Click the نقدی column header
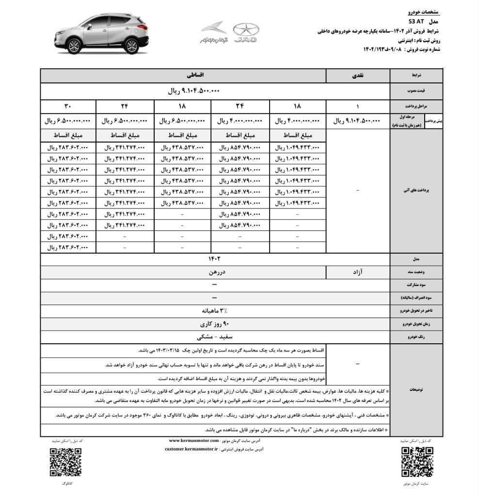pos(358,76)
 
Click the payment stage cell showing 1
pos(358,106)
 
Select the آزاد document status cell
pos(358,273)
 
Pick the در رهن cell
pos(214,273)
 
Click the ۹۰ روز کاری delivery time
pos(214,322)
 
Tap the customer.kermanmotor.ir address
pos(192,450)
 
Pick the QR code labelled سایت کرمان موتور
pos(417,461)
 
